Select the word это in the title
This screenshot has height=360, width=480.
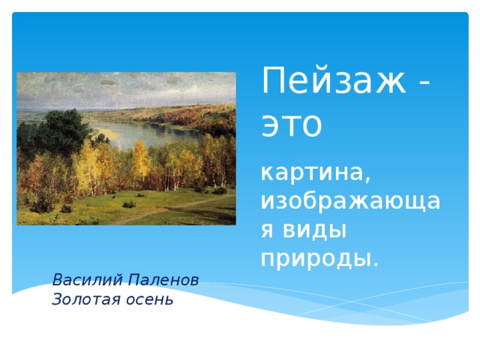point(291,124)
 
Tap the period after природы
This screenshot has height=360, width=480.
point(376,263)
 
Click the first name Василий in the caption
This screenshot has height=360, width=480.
point(85,280)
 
